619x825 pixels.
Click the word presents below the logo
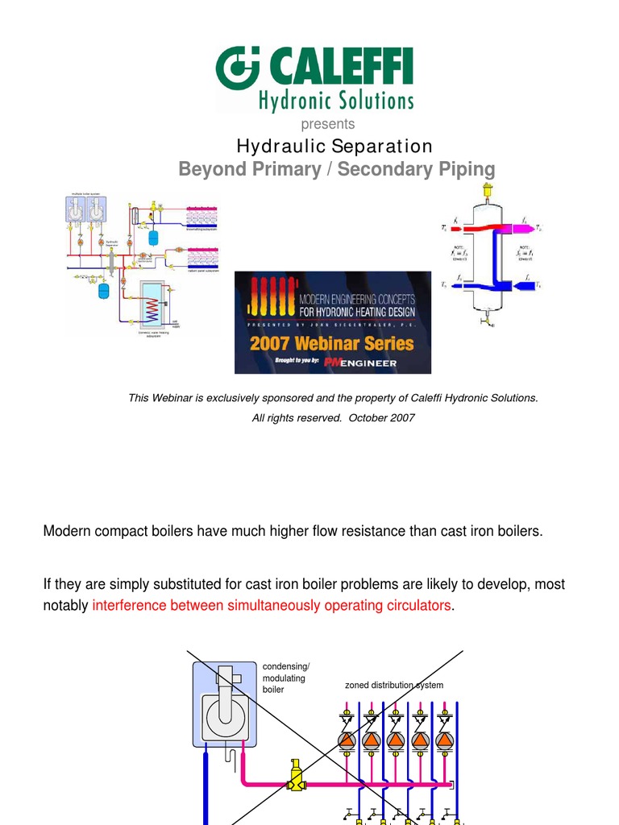coord(327,124)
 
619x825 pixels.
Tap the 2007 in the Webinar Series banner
coord(274,343)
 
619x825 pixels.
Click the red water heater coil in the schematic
coord(151,306)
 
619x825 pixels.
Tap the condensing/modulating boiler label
coord(285,678)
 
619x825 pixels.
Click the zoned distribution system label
coord(394,685)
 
